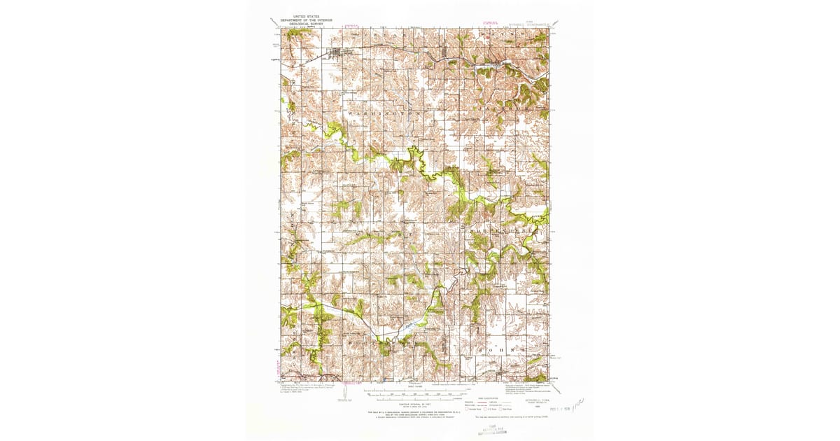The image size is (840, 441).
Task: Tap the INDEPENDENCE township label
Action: (501, 229)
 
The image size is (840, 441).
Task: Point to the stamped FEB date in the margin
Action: (550, 404)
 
